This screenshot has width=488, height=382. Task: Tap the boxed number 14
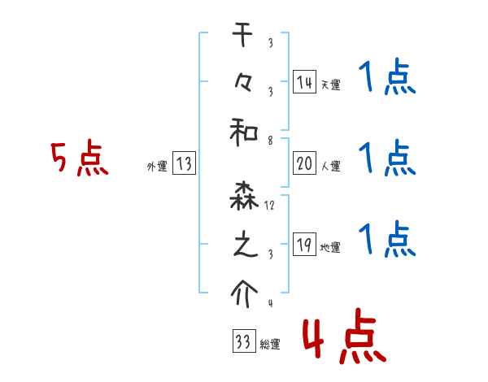click(303, 81)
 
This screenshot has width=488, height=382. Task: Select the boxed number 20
click(303, 163)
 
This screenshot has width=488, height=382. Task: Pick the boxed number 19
click(303, 245)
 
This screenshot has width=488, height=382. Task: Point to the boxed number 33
click(242, 341)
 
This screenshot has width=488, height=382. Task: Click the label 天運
click(330, 85)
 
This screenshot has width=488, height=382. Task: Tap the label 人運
click(330, 166)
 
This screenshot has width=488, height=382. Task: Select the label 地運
click(330, 247)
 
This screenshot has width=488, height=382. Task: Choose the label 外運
click(156, 166)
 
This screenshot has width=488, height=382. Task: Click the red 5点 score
click(79, 159)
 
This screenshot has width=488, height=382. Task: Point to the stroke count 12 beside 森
click(269, 207)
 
